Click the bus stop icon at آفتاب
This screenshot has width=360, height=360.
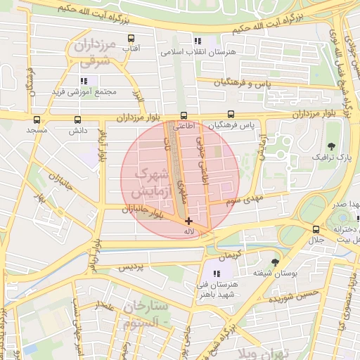coord(131,39)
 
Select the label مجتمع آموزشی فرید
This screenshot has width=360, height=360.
coord(91,92)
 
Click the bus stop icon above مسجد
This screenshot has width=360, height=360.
coord(36,119)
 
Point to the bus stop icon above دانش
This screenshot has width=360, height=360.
coord(77,119)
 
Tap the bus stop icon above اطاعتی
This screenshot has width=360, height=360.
coord(184,116)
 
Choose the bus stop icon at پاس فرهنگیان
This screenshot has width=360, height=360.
coord(231,115)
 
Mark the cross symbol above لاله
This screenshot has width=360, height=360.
coord(188,221)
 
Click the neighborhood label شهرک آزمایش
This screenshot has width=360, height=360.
coord(148,181)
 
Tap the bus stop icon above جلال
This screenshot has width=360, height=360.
coord(316,229)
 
